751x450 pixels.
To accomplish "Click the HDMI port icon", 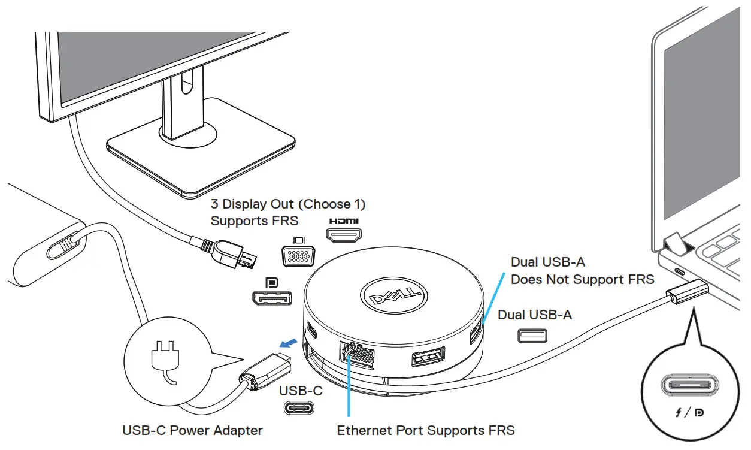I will (x=343, y=234).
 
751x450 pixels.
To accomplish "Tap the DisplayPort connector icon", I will (x=271, y=298).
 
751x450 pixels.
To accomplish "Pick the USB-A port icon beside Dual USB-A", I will (x=532, y=336).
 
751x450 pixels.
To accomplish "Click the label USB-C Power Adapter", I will (x=192, y=430).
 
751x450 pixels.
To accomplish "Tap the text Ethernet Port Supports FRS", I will (x=426, y=430).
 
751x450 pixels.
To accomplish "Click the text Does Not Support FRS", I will (x=582, y=279).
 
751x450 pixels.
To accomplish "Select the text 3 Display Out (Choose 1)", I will (x=287, y=204).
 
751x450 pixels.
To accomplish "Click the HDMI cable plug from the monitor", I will (x=230, y=252).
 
